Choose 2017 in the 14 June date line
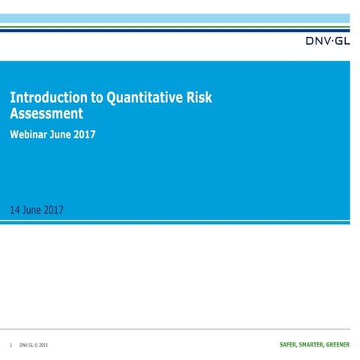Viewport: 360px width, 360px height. click(x=54, y=209)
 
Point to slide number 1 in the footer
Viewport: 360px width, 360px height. click(x=11, y=346)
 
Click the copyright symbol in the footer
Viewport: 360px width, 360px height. click(x=35, y=346)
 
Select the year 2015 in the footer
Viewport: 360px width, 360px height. click(x=43, y=346)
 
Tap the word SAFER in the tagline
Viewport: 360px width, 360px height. click(x=281, y=346)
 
